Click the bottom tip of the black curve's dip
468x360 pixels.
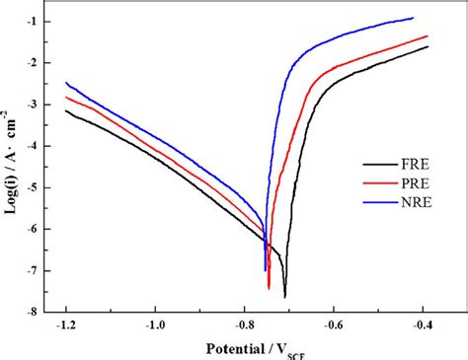(284, 297)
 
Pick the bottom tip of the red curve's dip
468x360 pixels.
(269, 288)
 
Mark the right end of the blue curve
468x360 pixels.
(413, 18)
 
